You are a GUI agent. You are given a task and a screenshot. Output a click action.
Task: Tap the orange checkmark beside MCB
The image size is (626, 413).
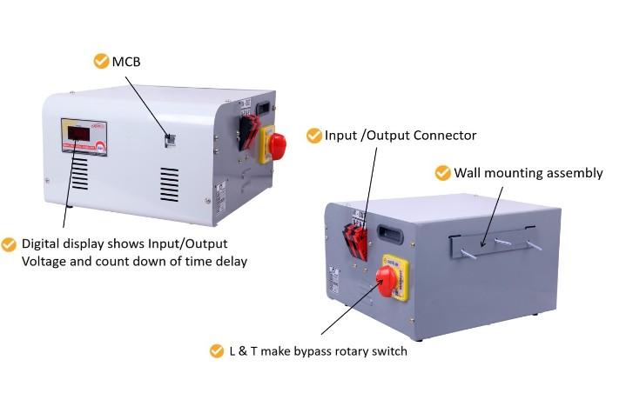tap(101, 62)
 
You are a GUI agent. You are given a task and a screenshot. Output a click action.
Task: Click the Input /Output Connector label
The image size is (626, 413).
tap(401, 136)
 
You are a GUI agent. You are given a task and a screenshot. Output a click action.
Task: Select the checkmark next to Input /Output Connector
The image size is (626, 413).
tap(314, 136)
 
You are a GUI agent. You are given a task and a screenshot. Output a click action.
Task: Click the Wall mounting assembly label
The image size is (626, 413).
tap(528, 172)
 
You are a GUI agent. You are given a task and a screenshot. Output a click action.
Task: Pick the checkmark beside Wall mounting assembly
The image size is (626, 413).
tap(442, 172)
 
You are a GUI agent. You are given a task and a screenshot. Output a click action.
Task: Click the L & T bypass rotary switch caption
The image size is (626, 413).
tap(318, 351)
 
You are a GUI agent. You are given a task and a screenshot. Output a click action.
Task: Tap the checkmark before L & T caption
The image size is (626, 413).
tap(217, 351)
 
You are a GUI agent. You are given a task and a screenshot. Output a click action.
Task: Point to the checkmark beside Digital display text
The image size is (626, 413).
tap(10, 244)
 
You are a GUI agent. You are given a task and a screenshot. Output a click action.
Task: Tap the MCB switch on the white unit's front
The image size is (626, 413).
tap(171, 138)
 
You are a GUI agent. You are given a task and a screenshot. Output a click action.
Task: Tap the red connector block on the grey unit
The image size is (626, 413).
tap(354, 236)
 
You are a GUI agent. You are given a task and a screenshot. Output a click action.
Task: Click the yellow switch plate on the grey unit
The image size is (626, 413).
tap(396, 276)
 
